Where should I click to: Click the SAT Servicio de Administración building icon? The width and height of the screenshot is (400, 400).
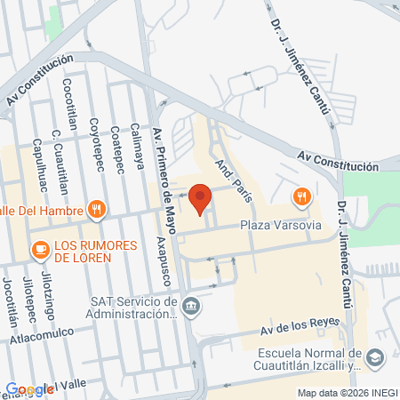[x=191, y=308]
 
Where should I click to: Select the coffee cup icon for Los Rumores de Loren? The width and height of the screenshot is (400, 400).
[x=40, y=251]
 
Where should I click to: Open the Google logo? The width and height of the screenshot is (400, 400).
[x=29, y=389]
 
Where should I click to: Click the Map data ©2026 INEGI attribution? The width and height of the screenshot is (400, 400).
[x=347, y=393]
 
